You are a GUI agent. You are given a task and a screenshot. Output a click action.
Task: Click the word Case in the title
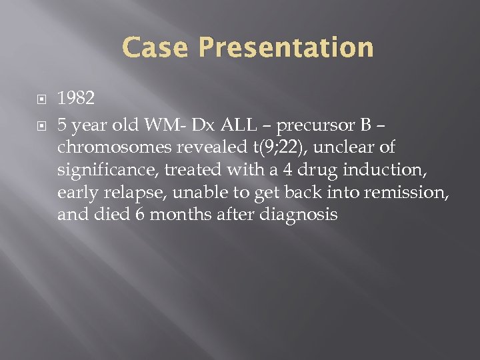point(156,48)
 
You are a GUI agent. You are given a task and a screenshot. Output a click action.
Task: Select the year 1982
point(76,99)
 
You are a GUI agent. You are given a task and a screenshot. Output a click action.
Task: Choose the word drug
point(319,170)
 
